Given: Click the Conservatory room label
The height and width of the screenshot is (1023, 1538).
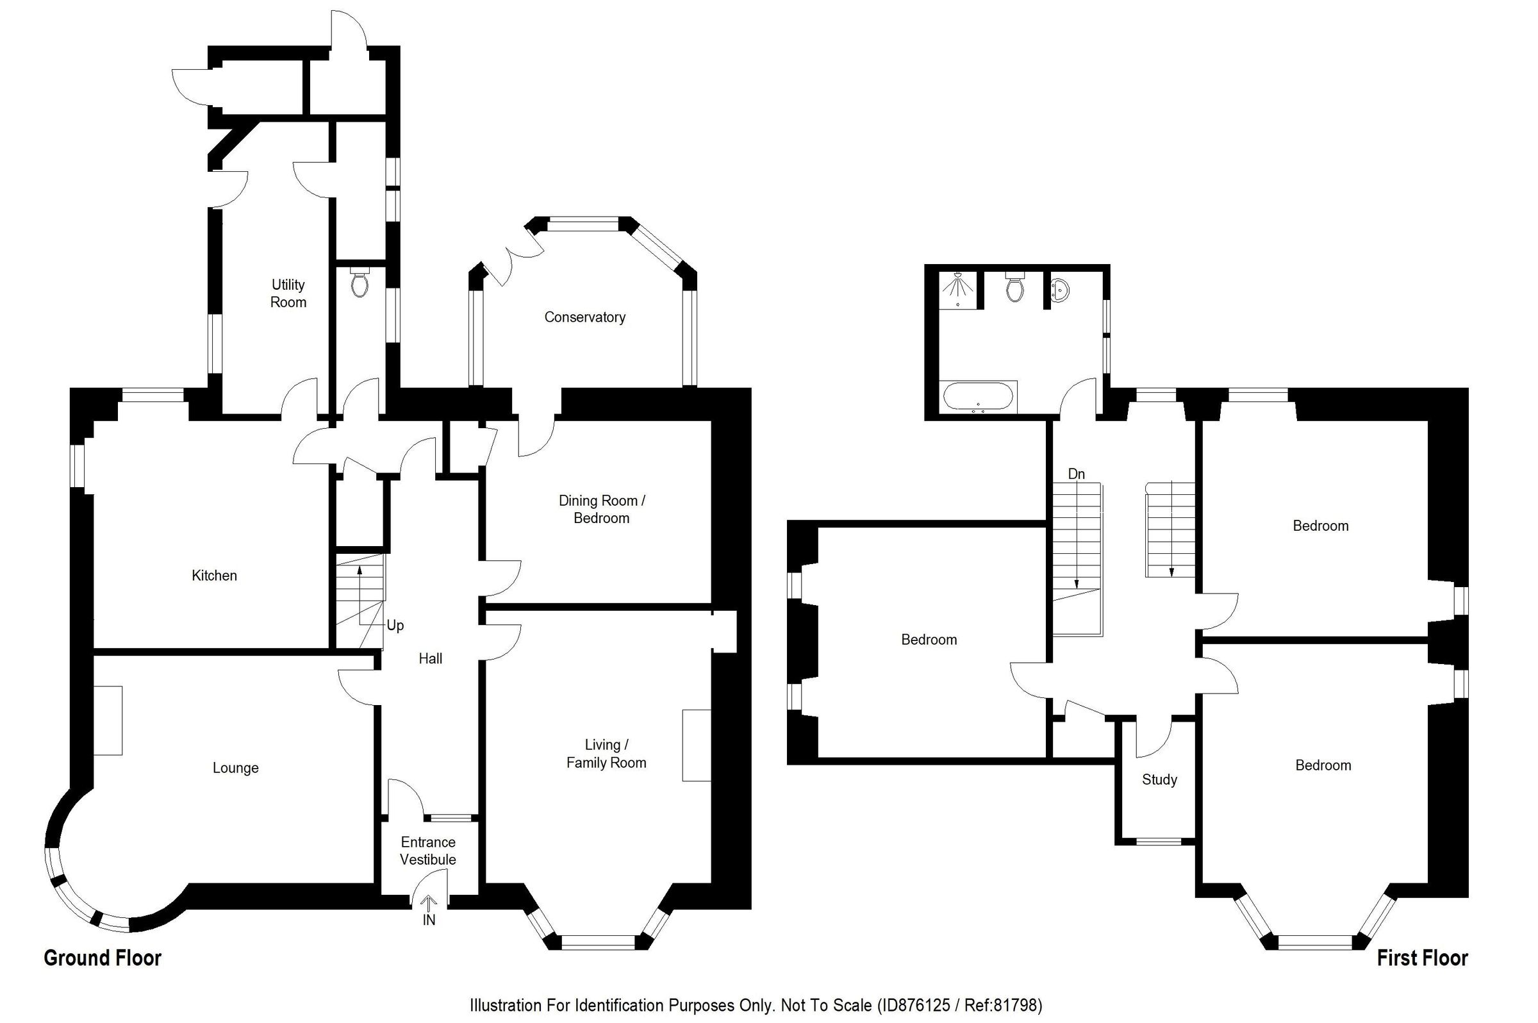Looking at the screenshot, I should tap(584, 317).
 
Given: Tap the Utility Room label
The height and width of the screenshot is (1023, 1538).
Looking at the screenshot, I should tap(288, 294).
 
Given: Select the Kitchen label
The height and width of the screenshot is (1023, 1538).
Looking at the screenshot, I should tap(214, 576).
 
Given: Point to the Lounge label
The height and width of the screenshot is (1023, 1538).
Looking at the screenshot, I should tap(235, 768).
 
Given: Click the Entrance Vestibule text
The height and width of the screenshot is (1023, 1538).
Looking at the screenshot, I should tap(428, 851).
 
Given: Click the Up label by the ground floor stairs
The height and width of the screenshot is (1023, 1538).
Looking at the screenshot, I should tap(395, 626).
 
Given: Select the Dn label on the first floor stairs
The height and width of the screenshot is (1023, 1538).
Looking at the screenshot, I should tap(1076, 474).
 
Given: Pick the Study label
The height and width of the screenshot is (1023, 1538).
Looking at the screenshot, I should tap(1159, 779).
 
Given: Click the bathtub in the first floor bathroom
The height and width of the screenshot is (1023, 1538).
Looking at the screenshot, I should tap(979, 397).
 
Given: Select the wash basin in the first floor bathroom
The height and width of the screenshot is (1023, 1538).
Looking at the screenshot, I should tap(1060, 290).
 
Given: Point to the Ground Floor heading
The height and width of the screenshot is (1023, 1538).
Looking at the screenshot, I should tap(103, 958).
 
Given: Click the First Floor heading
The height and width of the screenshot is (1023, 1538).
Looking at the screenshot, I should tap(1422, 958).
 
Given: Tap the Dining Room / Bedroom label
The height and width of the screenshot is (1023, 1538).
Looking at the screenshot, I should tap(601, 510).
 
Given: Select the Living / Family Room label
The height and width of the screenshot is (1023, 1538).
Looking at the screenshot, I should tap(606, 754).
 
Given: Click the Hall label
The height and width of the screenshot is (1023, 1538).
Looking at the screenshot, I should tap(430, 659).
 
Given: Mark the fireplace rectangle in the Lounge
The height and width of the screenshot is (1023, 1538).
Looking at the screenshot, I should tap(108, 720).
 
